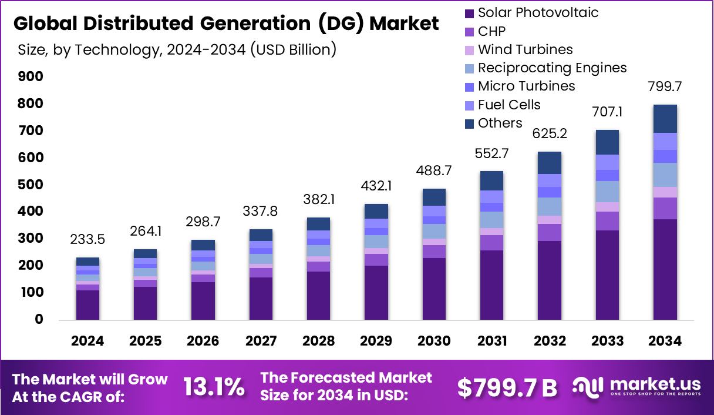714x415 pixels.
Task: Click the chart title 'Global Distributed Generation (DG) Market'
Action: click(225, 24)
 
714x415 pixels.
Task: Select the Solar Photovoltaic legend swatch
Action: click(469, 13)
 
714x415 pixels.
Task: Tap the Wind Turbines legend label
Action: click(525, 49)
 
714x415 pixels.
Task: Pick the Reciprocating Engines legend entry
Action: click(552, 68)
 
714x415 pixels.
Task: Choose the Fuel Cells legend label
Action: click(508, 105)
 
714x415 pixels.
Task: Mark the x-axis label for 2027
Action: click(260, 342)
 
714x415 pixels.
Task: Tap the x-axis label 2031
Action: click(491, 342)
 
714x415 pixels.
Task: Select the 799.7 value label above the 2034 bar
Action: click(665, 87)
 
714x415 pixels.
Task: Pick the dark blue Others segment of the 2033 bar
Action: click(607, 142)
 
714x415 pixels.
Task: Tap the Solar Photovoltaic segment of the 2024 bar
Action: click(87, 305)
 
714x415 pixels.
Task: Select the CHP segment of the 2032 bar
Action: click(549, 232)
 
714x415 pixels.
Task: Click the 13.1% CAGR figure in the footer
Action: click(214, 387)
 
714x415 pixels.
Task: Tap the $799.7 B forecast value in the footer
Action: click(507, 387)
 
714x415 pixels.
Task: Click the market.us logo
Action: click(636, 387)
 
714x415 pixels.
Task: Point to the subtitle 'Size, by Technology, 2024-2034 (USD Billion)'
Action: click(177, 49)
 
